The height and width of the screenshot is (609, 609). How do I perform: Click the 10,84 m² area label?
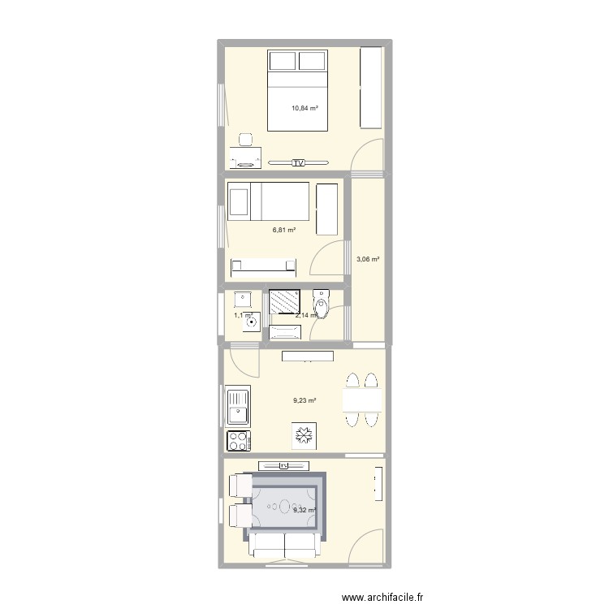pos(304,107)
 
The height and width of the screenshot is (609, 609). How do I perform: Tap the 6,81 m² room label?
pos(283,230)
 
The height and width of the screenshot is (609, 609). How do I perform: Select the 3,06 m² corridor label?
pos(369,260)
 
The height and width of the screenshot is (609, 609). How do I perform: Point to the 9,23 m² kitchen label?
pos(304,400)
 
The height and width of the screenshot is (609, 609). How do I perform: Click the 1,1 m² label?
pos(243,315)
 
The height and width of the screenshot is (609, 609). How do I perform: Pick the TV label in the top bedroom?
pos(299,162)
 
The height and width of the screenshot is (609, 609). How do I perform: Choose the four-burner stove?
pos(240,440)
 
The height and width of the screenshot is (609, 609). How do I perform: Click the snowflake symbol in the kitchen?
pos(303,436)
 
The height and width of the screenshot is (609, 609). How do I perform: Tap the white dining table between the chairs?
pos(362,401)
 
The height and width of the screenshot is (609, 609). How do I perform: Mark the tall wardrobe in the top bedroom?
pos(370,87)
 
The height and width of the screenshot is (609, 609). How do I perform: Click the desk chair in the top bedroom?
pos(246,140)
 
